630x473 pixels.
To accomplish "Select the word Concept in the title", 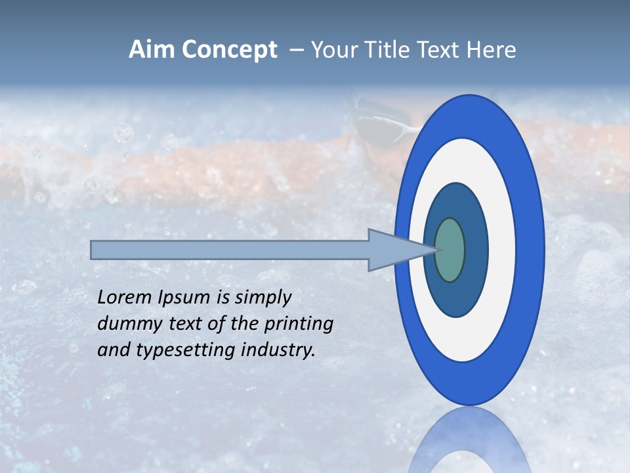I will pyautogui.click(x=229, y=50).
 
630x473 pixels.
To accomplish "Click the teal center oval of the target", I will pyautogui.click(x=450, y=250).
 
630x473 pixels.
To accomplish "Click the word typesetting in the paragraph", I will pyautogui.click(x=186, y=350).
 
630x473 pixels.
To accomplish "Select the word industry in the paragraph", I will pyautogui.click(x=278, y=350).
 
